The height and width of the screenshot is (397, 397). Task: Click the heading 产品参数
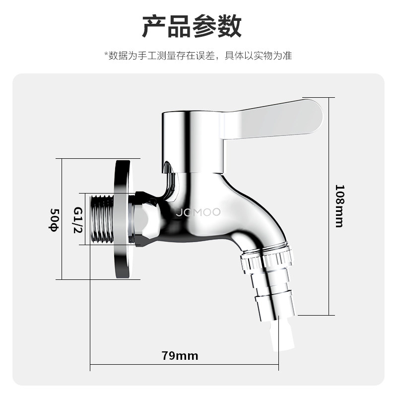click(192, 27)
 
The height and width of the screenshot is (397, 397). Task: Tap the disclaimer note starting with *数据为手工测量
click(198, 55)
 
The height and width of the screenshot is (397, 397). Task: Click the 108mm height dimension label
click(339, 206)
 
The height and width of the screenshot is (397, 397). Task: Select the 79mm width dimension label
click(180, 356)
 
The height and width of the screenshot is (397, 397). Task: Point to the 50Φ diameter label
click(53, 219)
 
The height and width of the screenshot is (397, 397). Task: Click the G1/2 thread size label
click(78, 219)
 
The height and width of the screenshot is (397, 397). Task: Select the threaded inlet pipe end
click(103, 219)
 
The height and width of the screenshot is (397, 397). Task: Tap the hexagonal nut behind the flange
click(146, 219)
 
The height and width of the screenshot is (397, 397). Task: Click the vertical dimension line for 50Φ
click(61, 219)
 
